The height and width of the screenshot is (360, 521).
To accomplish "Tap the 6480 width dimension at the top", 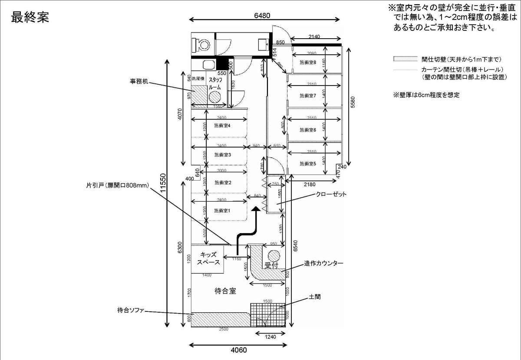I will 262,16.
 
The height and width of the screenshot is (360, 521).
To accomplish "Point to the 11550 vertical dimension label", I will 162,191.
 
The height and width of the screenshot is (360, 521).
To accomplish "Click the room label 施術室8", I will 308,62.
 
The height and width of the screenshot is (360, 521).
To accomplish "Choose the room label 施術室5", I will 308,164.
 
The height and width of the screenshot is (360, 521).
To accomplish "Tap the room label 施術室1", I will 222,211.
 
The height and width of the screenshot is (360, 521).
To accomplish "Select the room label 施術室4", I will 222,126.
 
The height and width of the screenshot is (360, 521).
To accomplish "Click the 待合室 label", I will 225,291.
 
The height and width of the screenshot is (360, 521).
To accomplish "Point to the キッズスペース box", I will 208,259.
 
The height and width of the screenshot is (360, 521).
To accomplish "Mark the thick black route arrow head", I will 257,209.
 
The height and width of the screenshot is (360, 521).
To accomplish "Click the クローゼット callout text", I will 331,194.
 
